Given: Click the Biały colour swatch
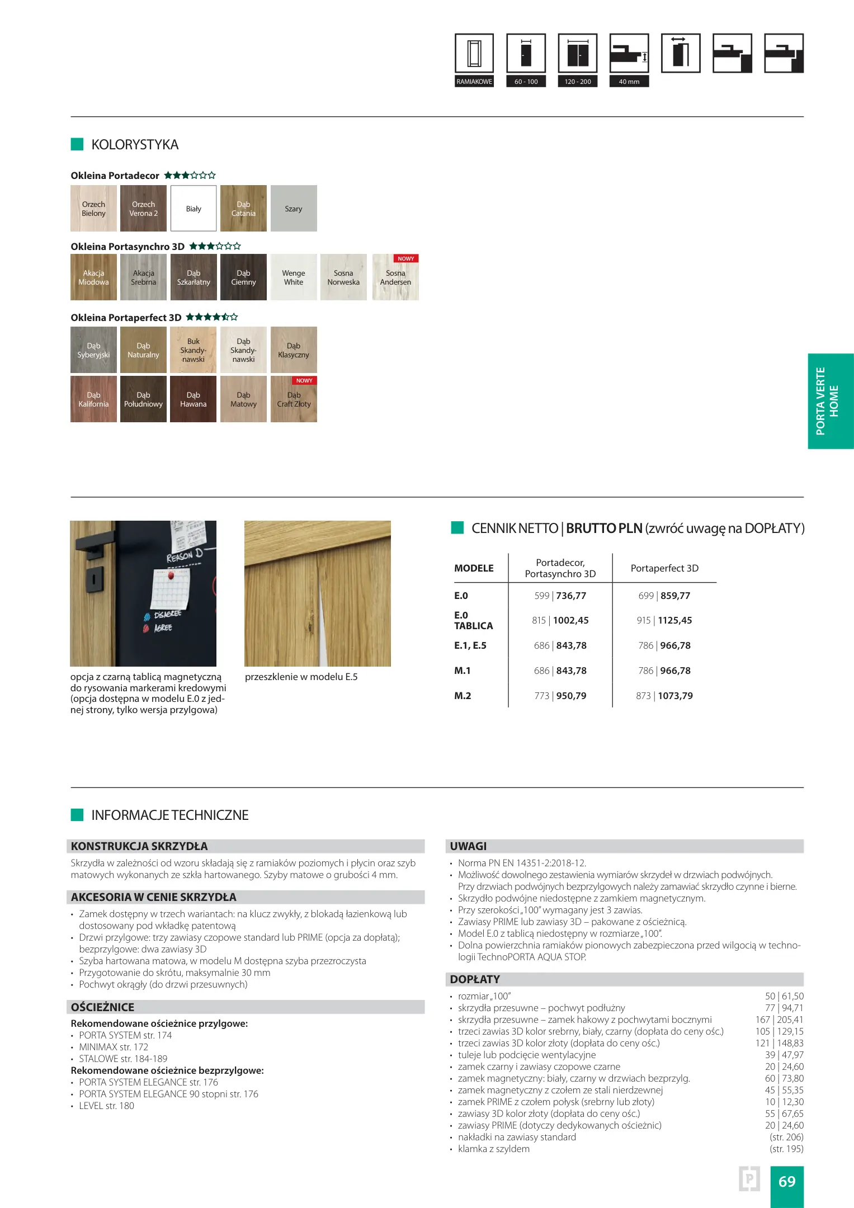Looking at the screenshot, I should click(x=194, y=209).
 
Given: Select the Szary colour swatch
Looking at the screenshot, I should click(x=294, y=209).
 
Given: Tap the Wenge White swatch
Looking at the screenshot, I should click(x=294, y=277).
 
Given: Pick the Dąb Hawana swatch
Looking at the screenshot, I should click(x=194, y=399).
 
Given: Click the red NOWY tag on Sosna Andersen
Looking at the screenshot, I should click(x=406, y=258).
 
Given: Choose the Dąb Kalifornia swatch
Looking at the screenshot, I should click(x=93, y=399).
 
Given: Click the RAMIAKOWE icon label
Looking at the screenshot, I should click(x=474, y=82).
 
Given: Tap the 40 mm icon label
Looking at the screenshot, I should click(x=629, y=82).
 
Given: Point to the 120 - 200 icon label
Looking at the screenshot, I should click(x=578, y=82).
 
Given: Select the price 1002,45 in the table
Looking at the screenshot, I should click(x=569, y=620).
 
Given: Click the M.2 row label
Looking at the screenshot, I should click(x=463, y=696).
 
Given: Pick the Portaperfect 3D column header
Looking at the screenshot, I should click(x=664, y=568).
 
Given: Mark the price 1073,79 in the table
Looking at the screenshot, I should click(x=675, y=696).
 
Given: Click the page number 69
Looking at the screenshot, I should click(x=787, y=1182).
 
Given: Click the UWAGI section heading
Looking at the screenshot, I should click(x=469, y=846).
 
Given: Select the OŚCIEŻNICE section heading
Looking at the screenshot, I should click(x=103, y=1007).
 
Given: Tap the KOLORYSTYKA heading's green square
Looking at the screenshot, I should click(x=77, y=144).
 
